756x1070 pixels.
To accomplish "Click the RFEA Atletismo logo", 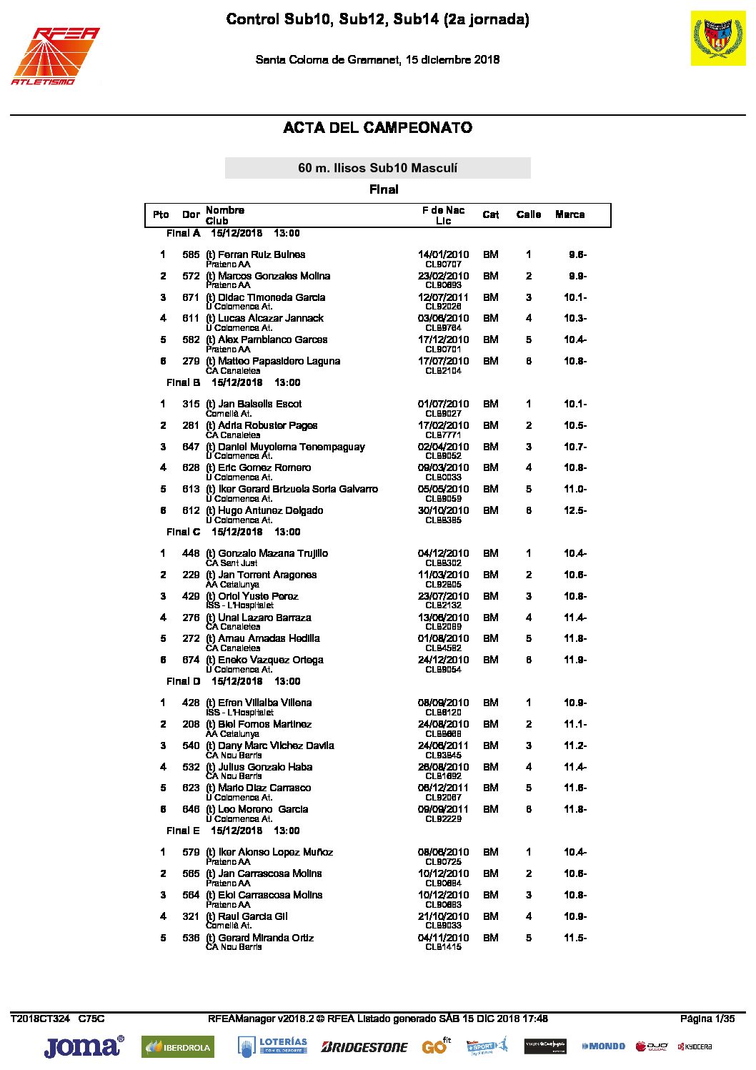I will [x=55, y=56].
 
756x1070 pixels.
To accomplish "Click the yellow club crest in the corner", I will [x=717, y=39].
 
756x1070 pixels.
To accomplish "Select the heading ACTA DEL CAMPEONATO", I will [x=377, y=128].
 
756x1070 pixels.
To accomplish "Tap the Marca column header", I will [x=570, y=214].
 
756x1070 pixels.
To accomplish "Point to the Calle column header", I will [x=528, y=214].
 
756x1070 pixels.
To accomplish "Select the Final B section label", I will [x=183, y=382].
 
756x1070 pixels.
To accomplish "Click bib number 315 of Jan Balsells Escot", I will [x=191, y=404].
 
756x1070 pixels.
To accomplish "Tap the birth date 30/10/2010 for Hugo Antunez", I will [x=443, y=510].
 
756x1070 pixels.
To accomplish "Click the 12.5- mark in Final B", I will [x=575, y=510].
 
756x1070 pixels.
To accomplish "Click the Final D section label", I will [x=183, y=681].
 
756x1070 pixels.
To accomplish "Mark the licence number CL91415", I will [x=443, y=947].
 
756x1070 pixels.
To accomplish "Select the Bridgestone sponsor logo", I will [x=364, y=1047].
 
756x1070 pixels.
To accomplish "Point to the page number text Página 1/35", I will [x=707, y=1019].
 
